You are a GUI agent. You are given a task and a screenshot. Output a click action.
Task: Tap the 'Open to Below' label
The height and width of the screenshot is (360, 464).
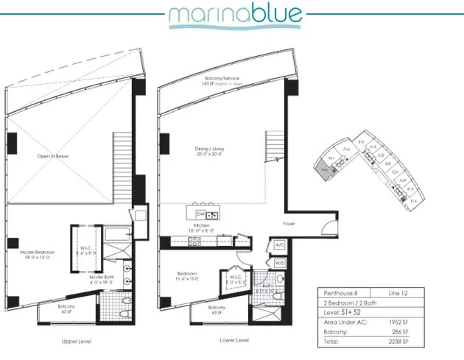tap(53, 157)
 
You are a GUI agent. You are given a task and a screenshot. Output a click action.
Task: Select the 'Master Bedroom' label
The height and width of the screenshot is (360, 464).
tap(37, 255)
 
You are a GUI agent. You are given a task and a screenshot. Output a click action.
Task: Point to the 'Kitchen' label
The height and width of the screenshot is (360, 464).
tap(201, 227)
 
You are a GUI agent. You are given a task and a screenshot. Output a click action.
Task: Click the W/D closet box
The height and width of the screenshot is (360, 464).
tap(280, 262)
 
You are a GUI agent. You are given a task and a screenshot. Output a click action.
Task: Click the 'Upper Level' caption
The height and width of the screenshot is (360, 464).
tap(77, 342)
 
